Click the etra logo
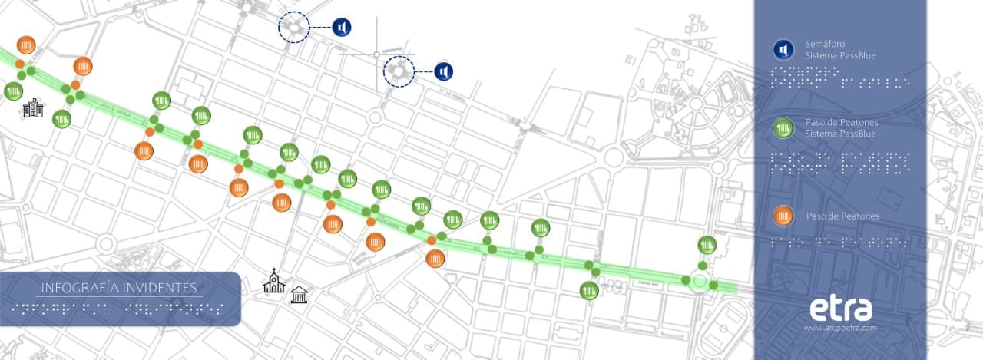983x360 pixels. point(841,309)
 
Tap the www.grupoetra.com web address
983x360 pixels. point(840,328)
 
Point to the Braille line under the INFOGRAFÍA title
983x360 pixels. point(118,309)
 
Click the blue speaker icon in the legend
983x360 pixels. point(783,50)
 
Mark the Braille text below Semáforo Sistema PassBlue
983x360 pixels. point(840,77)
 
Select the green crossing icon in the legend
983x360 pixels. point(783,127)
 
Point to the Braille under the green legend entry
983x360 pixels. point(840,161)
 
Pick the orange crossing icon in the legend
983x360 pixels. point(783,216)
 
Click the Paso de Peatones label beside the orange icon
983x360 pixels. point(842,216)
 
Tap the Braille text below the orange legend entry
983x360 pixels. point(835,241)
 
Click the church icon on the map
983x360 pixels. point(273,282)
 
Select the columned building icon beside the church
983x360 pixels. point(299,292)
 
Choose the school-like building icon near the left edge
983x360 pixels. point(32,108)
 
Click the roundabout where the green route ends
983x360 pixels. point(700,282)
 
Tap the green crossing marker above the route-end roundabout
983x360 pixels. point(707,246)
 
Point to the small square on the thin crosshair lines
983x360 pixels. point(376,54)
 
